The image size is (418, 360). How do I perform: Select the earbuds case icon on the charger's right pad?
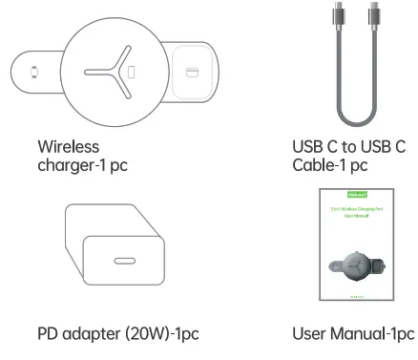click(193, 73)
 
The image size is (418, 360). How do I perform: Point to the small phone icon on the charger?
click(133, 72)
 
